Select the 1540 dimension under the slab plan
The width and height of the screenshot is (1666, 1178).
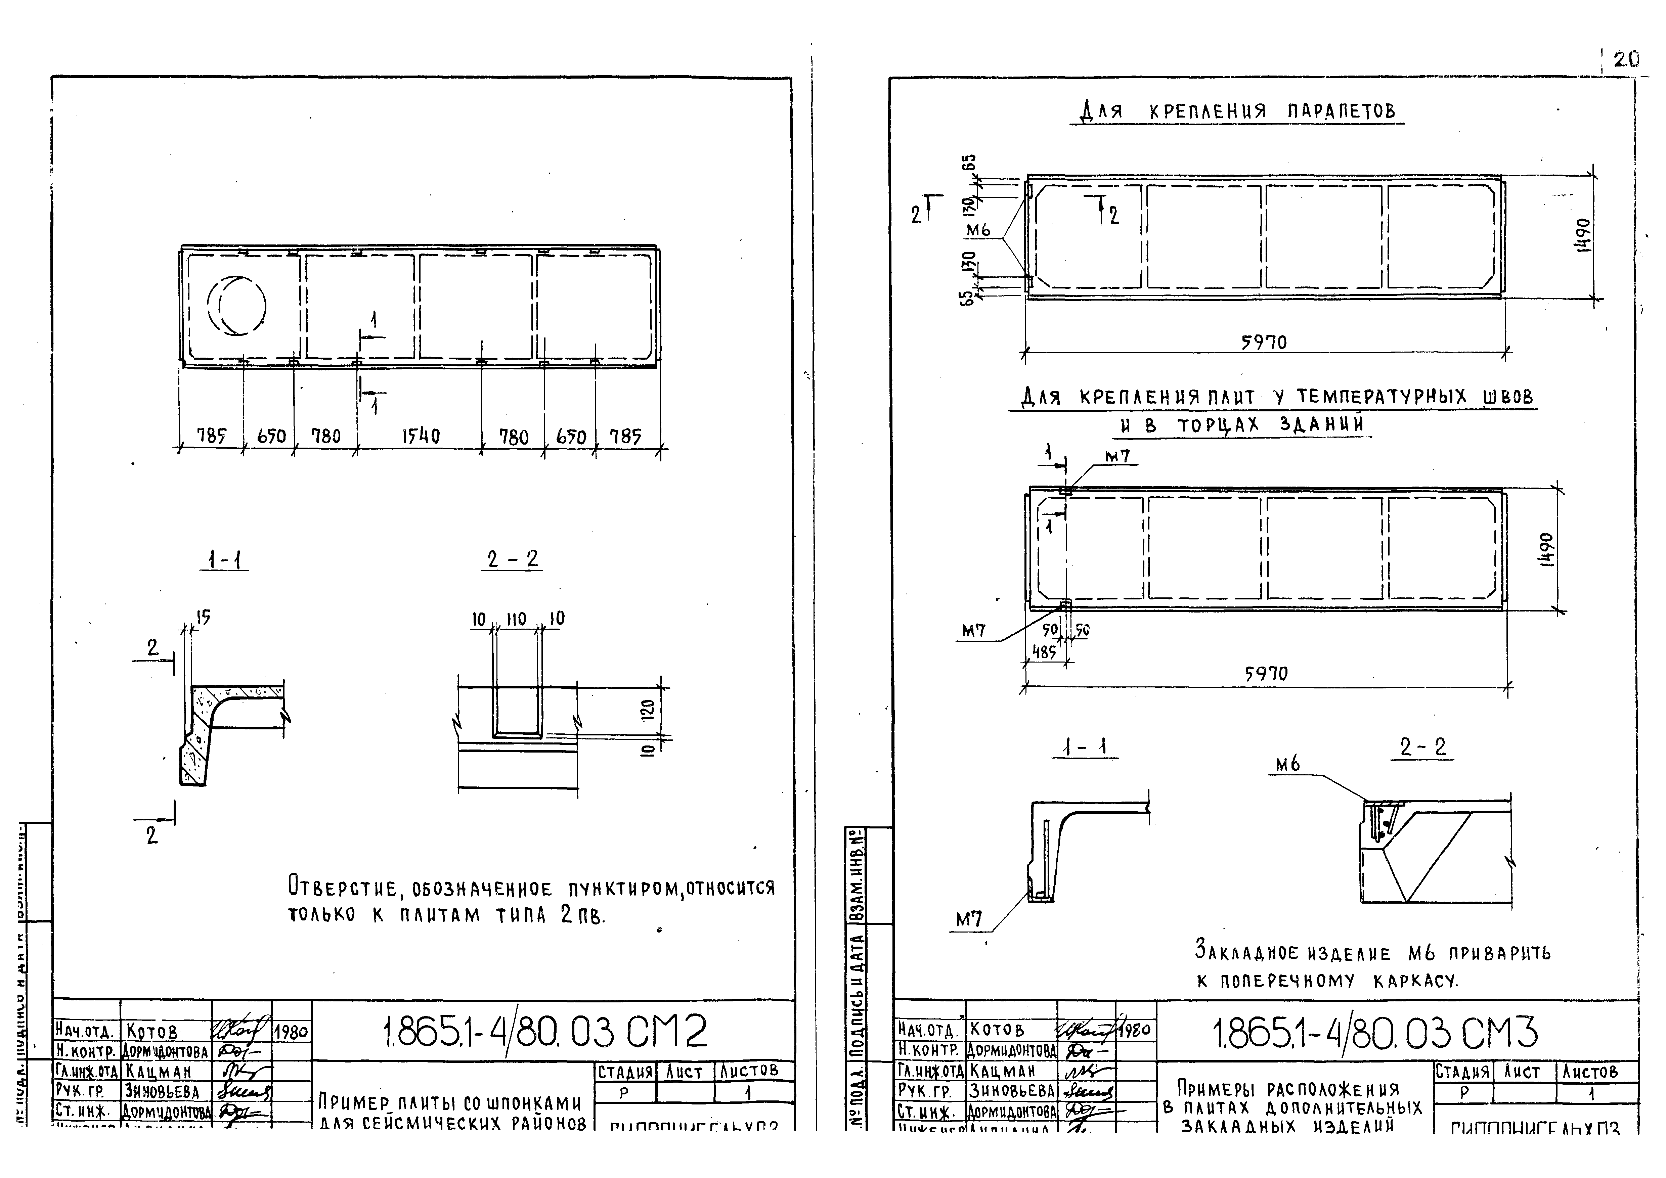click(421, 436)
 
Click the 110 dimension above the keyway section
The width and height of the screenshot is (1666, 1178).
click(516, 619)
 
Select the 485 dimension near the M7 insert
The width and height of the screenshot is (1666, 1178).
click(1044, 652)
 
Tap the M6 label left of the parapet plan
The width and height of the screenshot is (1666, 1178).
click(978, 231)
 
